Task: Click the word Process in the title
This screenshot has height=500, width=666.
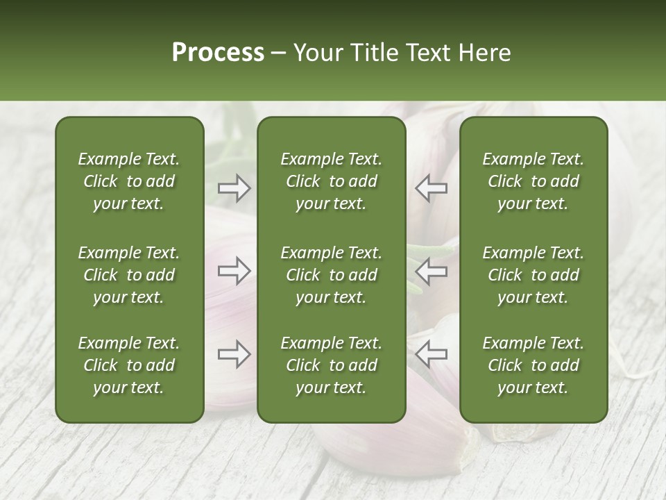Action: [218, 53]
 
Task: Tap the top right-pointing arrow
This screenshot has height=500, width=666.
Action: [234, 188]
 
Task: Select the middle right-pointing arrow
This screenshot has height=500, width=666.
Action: [234, 270]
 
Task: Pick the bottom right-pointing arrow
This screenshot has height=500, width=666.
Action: [234, 354]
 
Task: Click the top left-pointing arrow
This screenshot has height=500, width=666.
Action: [431, 188]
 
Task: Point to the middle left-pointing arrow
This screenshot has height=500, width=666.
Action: [431, 270]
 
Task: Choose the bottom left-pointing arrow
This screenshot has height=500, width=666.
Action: [431, 354]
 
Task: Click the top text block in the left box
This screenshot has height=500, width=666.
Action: [129, 181]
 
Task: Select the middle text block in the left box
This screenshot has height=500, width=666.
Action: [129, 275]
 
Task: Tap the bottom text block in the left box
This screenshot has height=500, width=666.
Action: [129, 365]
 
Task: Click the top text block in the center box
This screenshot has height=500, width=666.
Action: [331, 181]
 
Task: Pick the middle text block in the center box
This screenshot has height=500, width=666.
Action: [331, 275]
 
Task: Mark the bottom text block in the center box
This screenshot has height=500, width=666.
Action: [331, 365]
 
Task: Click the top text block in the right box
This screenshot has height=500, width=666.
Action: [533, 181]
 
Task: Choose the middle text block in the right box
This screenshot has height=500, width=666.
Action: [533, 275]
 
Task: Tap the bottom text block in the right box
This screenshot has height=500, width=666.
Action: [533, 365]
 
